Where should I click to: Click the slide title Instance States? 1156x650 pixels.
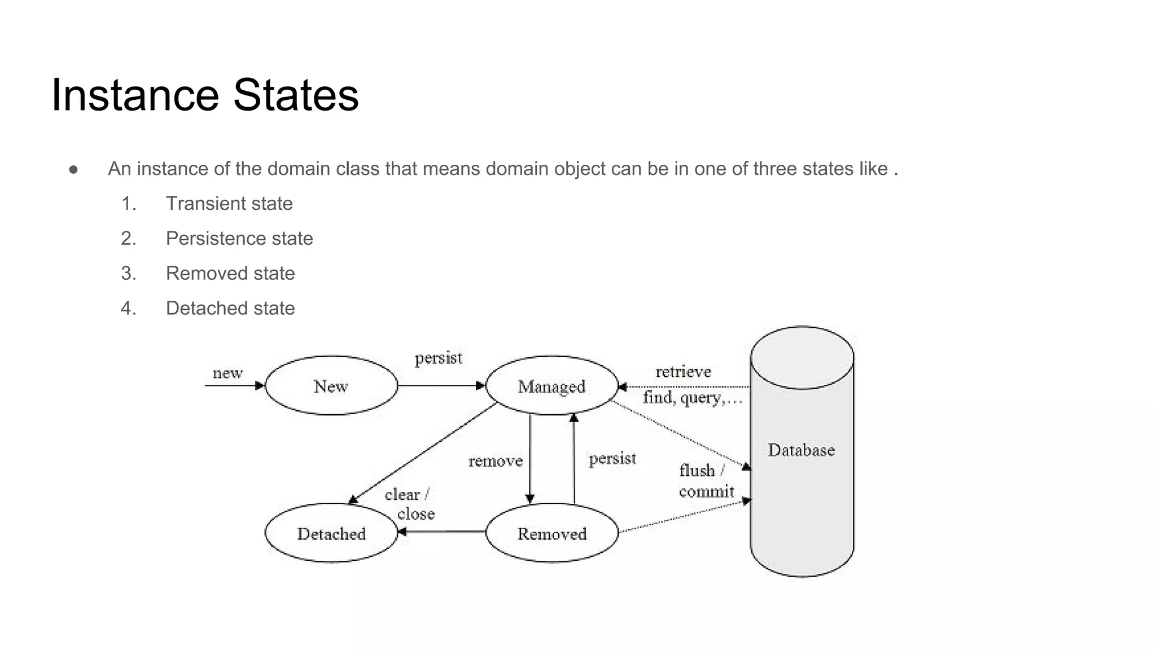pos(205,95)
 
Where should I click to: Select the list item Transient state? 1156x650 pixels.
pos(229,204)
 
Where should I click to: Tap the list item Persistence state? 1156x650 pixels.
pos(239,239)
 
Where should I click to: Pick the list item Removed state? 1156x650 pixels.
pos(230,274)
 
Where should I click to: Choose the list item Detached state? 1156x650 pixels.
pos(230,309)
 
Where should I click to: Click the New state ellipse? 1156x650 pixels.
pos(331,386)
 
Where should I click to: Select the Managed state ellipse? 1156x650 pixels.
pos(551,387)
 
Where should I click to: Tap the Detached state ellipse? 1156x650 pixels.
pos(331,533)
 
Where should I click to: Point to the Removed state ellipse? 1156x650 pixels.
pos(551,533)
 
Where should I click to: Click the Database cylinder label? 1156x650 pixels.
pos(801,450)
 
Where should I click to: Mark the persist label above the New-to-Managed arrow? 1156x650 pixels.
pos(438,358)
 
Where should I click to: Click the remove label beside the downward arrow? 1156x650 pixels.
pos(496,462)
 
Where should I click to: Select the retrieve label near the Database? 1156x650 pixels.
pos(683,372)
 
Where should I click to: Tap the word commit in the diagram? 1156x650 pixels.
pos(706,492)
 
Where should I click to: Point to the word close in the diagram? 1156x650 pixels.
pos(416,514)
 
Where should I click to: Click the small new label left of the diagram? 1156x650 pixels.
pos(227,373)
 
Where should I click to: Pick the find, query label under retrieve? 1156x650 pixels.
pos(692,398)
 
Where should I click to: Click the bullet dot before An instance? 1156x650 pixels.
pos(73,169)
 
